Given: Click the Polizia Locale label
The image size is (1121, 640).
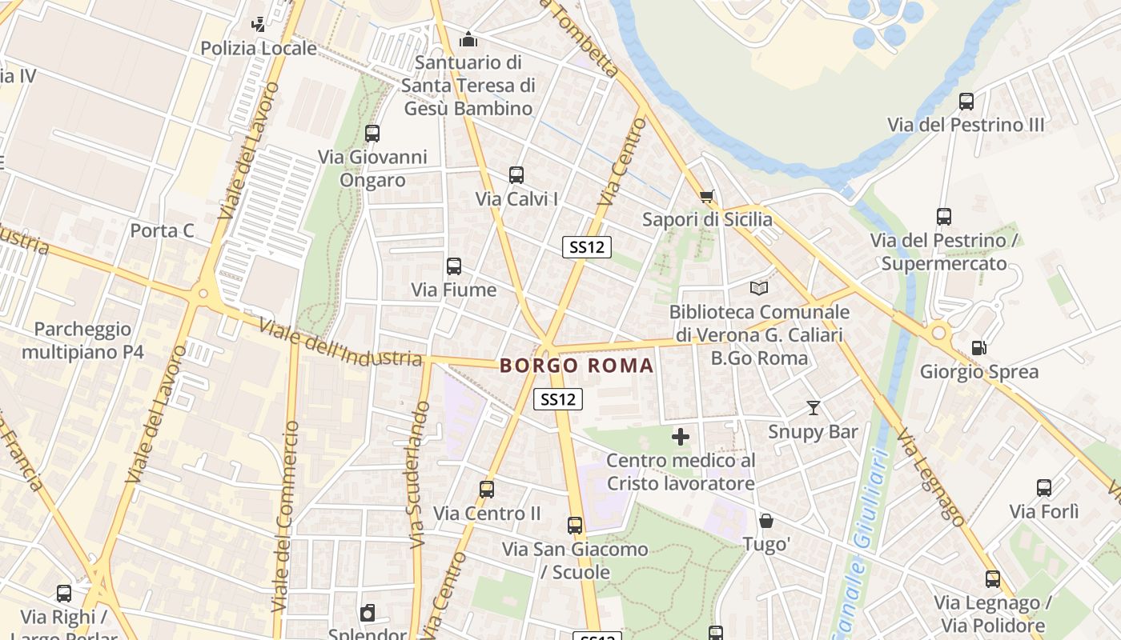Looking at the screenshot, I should point(259,48).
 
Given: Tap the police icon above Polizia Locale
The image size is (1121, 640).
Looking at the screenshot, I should point(258,25).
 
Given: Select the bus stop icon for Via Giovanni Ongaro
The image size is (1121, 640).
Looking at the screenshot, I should point(372,134).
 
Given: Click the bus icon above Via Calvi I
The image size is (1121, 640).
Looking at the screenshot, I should point(516,174).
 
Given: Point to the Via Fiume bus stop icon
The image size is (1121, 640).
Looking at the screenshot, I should point(454,266).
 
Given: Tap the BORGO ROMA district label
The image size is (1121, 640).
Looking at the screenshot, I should point(577,366).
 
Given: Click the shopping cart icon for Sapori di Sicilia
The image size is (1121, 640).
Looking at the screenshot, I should point(706,196).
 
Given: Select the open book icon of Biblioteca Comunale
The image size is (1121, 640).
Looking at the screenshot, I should point(759,288).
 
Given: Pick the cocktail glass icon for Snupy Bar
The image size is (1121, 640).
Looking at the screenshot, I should point(814,408).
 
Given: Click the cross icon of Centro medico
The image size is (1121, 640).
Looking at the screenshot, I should point(681,437).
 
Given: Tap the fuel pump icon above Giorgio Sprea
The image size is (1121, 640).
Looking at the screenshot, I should point(978,348).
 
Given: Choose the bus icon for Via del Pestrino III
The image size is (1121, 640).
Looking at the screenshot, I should point(966,102).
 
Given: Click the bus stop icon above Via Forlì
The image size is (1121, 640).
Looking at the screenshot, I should point(1044,488).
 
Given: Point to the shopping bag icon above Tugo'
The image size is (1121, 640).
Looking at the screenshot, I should point(766,521).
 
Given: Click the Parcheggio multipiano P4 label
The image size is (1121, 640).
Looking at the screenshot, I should point(82,341).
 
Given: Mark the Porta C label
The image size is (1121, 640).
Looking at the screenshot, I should point(162,231).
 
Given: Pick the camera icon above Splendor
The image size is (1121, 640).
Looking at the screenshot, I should point(368,614).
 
